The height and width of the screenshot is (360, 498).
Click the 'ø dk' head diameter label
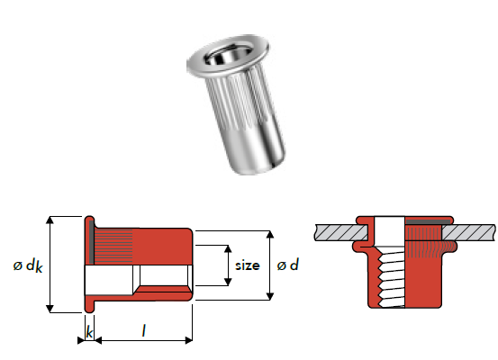(x=28, y=266)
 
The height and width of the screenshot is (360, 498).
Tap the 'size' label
(x=248, y=265)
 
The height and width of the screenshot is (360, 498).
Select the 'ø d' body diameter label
(x=288, y=265)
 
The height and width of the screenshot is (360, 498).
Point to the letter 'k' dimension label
(x=89, y=332)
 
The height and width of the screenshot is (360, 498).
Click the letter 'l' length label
(x=144, y=331)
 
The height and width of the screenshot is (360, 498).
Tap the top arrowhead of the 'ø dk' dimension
(x=50, y=220)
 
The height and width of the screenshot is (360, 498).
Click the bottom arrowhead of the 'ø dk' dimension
(x=50, y=309)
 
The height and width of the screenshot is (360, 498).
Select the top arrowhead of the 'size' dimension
(x=228, y=249)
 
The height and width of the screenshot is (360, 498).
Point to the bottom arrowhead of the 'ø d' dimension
(x=269, y=296)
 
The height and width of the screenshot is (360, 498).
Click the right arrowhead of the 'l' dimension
(x=188, y=340)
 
